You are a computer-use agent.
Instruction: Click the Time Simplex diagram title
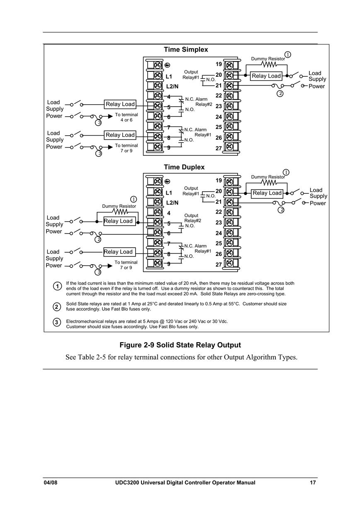pyautogui.click(x=186, y=49)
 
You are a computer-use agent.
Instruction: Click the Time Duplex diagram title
pyautogui.click(x=184, y=167)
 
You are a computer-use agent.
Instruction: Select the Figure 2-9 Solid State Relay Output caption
pyautogui.click(x=180, y=345)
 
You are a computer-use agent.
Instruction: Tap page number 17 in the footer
pyautogui.click(x=313, y=482)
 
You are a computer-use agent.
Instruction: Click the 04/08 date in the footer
pyautogui.click(x=51, y=482)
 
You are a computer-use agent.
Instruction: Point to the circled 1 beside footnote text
pyautogui.click(x=57, y=286)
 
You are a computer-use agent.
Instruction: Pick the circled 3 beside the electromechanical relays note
pyautogui.click(x=57, y=322)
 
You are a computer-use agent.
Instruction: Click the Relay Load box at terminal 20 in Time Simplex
pyautogui.click(x=266, y=76)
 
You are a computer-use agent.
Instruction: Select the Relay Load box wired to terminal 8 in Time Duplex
pyautogui.click(x=119, y=252)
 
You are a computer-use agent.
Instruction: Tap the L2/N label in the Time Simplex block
pyautogui.click(x=172, y=87)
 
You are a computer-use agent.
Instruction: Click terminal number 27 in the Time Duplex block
pyautogui.click(x=219, y=265)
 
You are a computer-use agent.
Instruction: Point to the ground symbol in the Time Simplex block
pyautogui.click(x=167, y=66)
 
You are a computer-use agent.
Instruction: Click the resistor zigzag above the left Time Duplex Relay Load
pyautogui.click(x=120, y=212)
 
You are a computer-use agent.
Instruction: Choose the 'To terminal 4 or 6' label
pyautogui.click(x=126, y=117)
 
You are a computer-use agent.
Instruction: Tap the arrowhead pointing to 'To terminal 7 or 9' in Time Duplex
pyautogui.click(x=110, y=266)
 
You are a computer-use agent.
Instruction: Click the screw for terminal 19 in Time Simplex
pyautogui.click(x=229, y=66)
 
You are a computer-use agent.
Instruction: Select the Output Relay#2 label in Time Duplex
pyautogui.click(x=192, y=218)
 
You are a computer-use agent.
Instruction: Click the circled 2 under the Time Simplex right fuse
pyautogui.click(x=280, y=93)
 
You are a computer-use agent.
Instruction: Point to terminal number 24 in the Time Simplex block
pyautogui.click(x=219, y=117)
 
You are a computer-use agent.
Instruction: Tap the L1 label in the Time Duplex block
pyautogui.click(x=169, y=193)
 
